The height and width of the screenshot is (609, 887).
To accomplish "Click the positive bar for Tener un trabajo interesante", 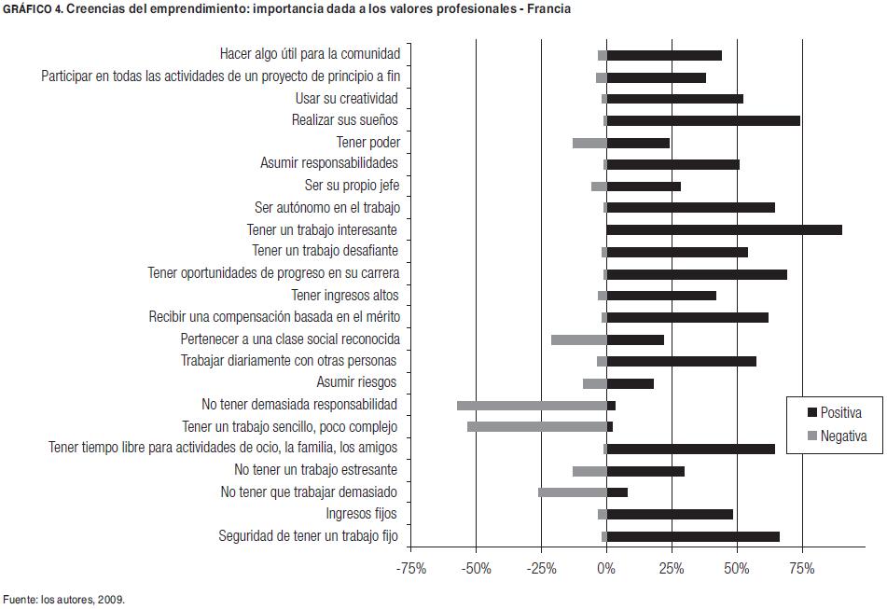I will click(x=724, y=229).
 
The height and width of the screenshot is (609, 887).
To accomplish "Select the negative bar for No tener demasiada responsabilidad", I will click(x=532, y=406).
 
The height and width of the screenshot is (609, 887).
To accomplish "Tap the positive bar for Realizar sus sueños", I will click(x=703, y=120).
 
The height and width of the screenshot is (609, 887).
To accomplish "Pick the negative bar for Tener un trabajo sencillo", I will click(x=537, y=427).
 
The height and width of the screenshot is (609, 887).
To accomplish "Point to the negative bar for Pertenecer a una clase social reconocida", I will click(x=578, y=339).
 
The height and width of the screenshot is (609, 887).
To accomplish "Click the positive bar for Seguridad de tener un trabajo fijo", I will click(x=693, y=536).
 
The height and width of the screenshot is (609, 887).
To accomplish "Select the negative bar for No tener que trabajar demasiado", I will click(x=572, y=492).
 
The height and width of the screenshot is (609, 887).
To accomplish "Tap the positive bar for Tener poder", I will click(x=638, y=143).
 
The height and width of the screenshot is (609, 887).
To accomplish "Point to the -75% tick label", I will click(x=410, y=569).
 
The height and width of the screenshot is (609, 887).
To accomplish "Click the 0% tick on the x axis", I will click(x=606, y=569).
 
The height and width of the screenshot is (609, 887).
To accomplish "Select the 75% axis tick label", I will click(x=802, y=569).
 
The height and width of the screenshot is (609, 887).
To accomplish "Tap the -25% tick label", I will click(x=541, y=569).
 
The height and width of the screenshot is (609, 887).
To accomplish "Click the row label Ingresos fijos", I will click(x=361, y=514).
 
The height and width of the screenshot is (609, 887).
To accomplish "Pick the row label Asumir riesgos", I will click(x=357, y=382).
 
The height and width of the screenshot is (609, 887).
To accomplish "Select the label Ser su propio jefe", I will click(x=352, y=186).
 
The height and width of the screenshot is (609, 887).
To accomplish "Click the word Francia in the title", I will click(x=549, y=9).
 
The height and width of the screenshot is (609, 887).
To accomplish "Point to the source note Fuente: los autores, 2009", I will click(x=63, y=600).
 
